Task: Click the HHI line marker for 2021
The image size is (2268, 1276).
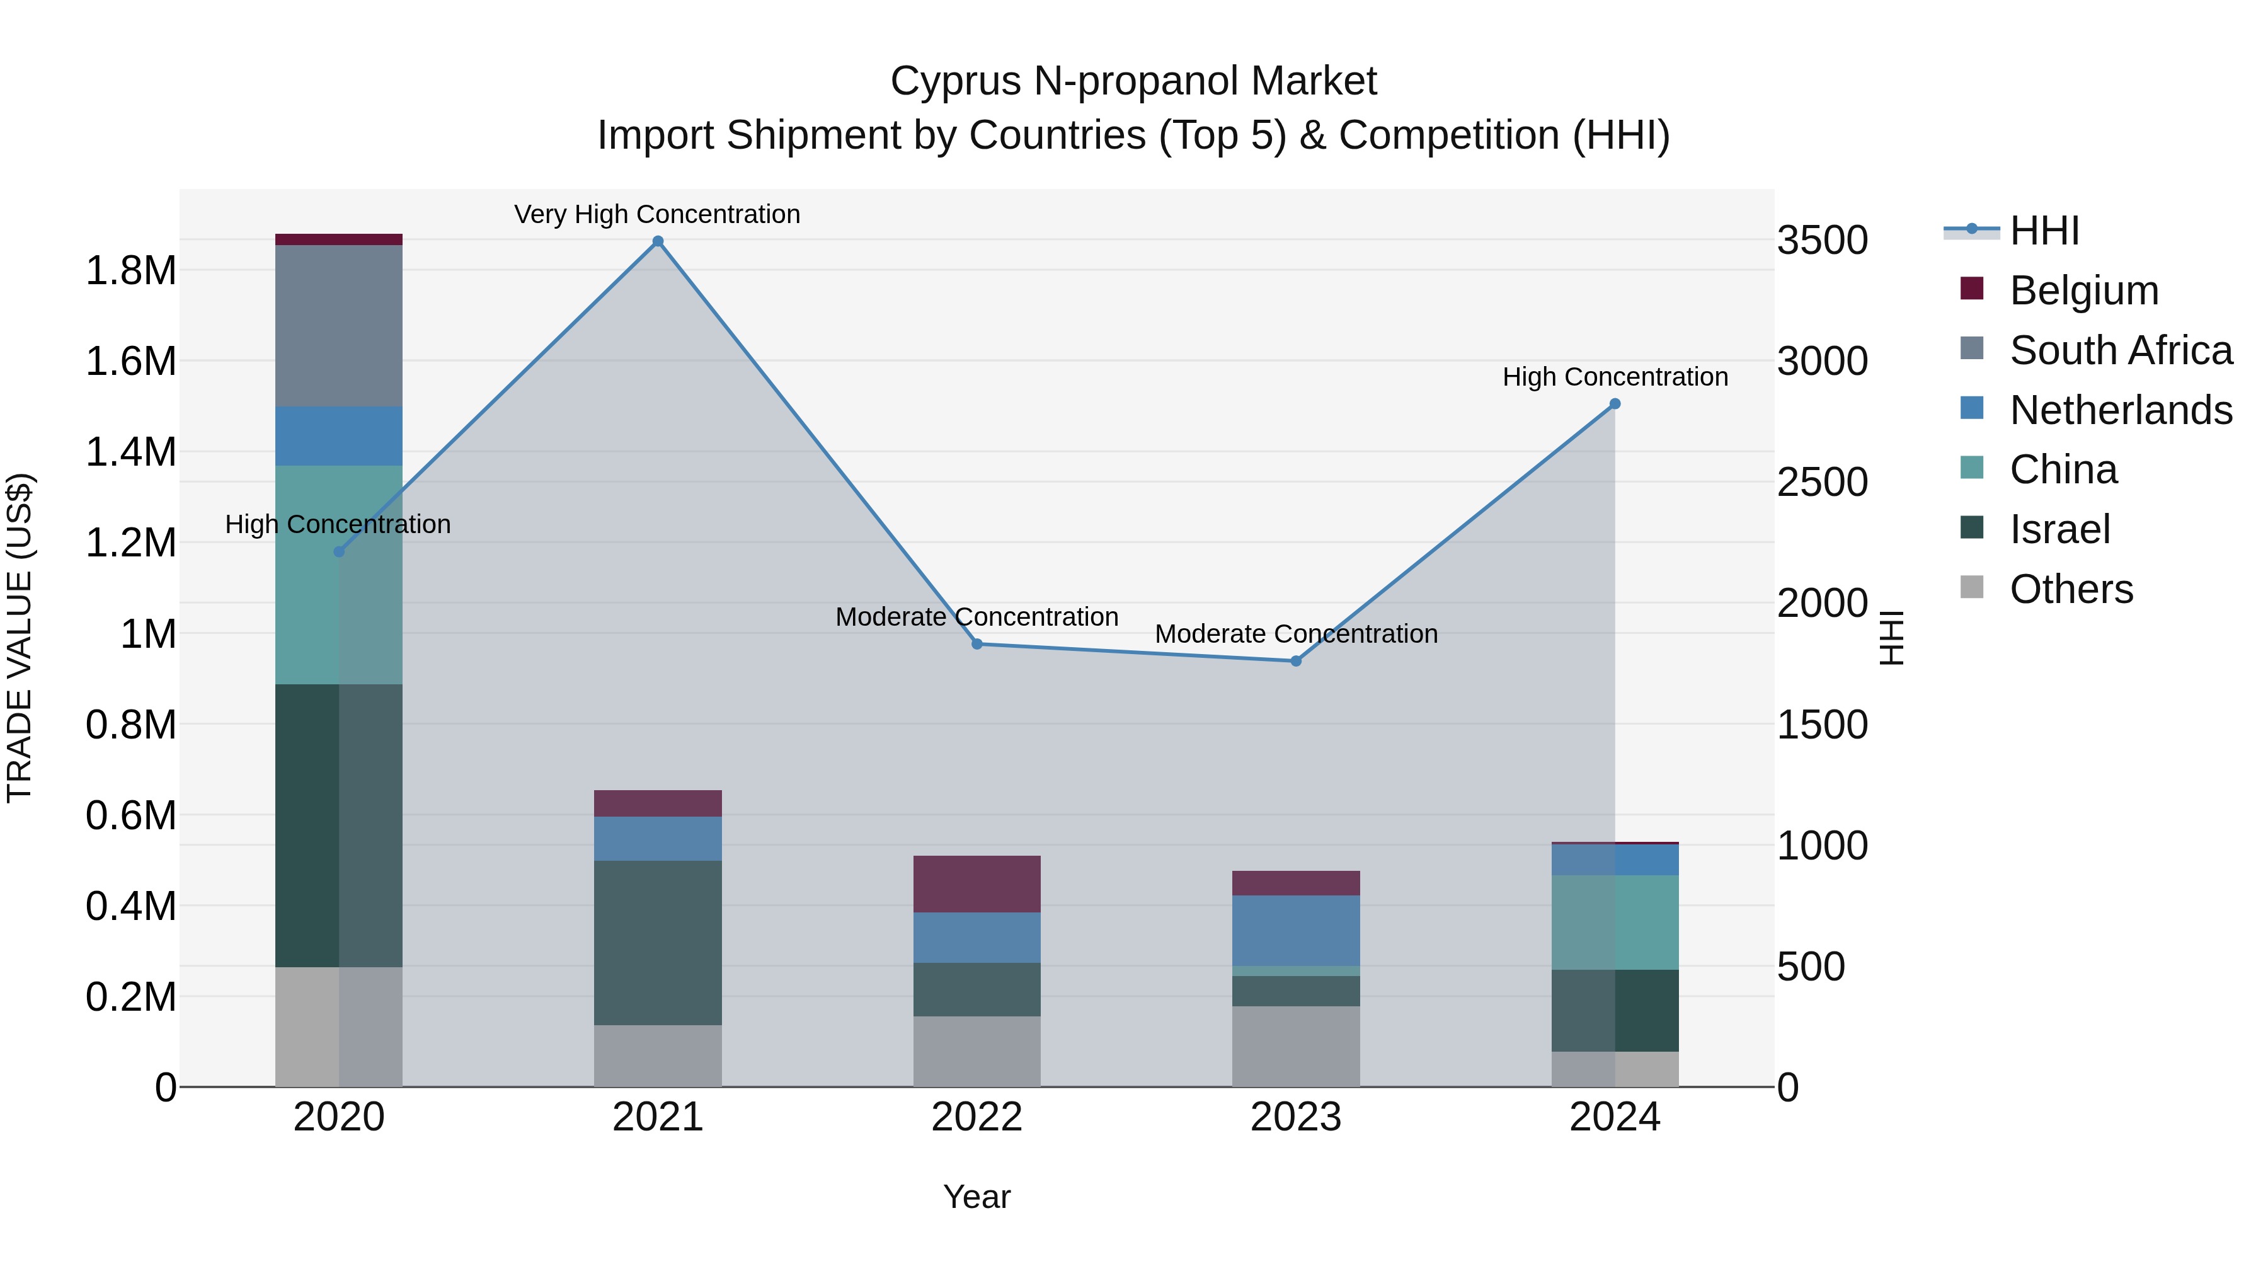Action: (x=658, y=241)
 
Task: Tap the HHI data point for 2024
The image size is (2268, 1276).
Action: (x=1615, y=404)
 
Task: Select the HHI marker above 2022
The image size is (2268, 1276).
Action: (x=976, y=644)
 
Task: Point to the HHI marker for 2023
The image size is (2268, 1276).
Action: (x=1296, y=660)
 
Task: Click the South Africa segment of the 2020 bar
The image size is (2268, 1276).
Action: (x=339, y=326)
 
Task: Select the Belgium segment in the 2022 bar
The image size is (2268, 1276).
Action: (x=976, y=883)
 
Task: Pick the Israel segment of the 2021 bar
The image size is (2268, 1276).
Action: (x=658, y=942)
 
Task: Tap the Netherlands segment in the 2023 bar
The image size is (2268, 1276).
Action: (x=1296, y=930)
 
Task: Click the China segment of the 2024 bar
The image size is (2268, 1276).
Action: (x=1615, y=922)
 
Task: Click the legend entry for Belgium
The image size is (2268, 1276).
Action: (x=2084, y=290)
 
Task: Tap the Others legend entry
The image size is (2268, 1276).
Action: (x=2071, y=589)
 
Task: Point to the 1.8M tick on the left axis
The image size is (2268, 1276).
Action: (x=130, y=270)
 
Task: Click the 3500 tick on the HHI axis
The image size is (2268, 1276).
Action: (x=1821, y=241)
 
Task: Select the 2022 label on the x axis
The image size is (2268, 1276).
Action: (x=976, y=1117)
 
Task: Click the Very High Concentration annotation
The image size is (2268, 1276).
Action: (x=657, y=214)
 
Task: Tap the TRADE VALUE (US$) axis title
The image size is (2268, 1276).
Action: (x=20, y=638)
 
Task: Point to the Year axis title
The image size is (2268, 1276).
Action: (x=976, y=1197)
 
